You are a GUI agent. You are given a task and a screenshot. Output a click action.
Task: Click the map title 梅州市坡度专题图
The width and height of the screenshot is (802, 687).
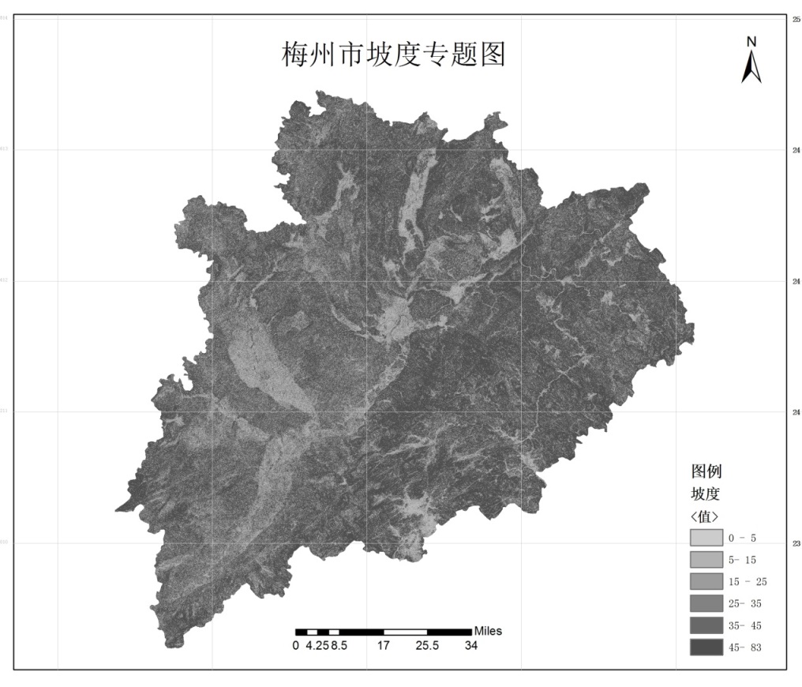point(393,55)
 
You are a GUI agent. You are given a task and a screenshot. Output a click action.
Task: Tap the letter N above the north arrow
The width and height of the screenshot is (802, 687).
point(751,41)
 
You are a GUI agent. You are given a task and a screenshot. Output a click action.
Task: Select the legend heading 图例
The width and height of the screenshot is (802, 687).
point(706,472)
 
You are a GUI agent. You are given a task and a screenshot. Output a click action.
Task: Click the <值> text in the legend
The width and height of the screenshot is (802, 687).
point(704,516)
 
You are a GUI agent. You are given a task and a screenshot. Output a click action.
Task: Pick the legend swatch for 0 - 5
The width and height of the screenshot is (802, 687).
point(705,538)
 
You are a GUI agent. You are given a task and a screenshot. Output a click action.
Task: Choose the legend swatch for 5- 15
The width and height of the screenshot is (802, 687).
point(705,560)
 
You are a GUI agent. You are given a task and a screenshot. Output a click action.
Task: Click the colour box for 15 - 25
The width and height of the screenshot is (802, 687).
point(705,582)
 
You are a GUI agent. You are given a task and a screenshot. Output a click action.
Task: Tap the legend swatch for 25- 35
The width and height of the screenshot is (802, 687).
point(705,604)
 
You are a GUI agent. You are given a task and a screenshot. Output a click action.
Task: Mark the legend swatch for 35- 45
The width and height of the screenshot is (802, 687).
point(705,626)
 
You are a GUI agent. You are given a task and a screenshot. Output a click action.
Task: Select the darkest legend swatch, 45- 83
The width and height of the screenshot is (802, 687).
point(705,648)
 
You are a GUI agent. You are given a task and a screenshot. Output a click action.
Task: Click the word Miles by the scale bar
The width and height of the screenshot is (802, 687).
point(488,631)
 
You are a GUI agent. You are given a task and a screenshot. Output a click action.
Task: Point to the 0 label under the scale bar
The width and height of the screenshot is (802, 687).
point(295,645)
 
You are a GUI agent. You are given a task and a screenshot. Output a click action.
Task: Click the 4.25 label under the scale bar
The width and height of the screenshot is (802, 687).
point(317,645)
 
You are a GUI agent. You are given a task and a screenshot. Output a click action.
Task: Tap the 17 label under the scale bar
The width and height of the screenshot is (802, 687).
point(384,645)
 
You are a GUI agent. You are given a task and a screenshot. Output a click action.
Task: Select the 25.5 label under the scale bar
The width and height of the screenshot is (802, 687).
point(427,645)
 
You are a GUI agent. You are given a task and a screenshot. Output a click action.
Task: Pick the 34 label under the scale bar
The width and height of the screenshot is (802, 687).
point(470,645)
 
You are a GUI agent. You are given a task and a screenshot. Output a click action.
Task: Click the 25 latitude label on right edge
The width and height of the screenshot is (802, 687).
point(796,18)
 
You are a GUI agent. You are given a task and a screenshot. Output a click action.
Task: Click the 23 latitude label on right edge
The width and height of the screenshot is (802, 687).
point(796,543)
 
